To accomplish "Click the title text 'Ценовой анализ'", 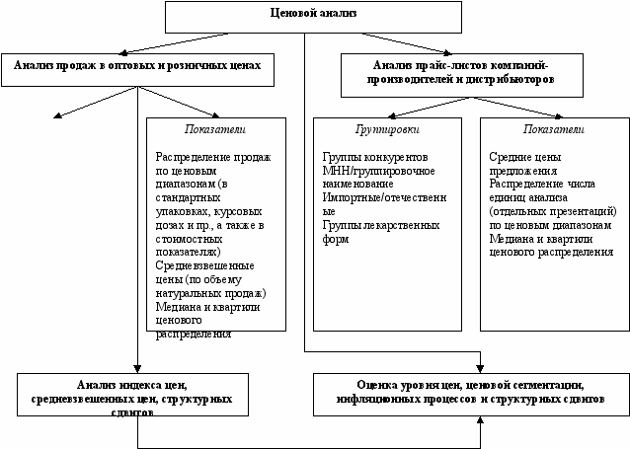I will tap(312, 13).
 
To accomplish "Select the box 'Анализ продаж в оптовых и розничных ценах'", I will tap(137, 68).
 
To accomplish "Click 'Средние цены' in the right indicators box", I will tap(522, 157).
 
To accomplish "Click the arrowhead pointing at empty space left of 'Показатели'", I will tap(57, 117).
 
